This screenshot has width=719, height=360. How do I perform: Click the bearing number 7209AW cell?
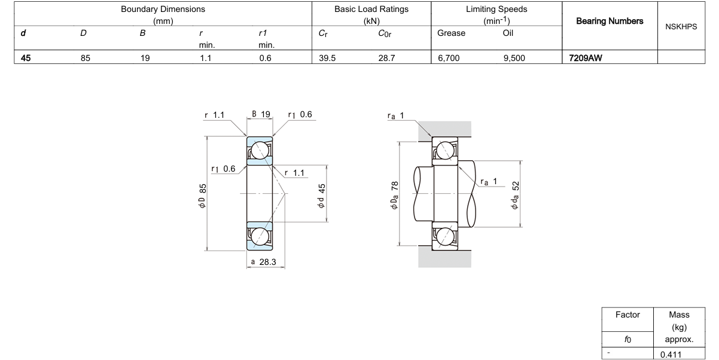click(x=586, y=58)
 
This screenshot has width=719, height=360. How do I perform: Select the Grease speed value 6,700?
click(x=449, y=58)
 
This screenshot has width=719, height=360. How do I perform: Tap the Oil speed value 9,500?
click(x=514, y=58)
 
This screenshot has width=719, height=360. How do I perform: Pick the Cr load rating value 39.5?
click(x=327, y=58)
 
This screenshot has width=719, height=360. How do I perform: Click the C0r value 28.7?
click(x=386, y=58)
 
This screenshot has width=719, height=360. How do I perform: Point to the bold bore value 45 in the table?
click(x=26, y=58)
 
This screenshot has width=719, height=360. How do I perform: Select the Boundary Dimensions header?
click(x=163, y=15)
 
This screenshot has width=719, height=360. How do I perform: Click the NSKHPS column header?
click(x=681, y=27)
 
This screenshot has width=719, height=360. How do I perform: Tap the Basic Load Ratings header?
click(x=371, y=15)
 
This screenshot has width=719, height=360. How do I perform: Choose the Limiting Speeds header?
click(x=496, y=15)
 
